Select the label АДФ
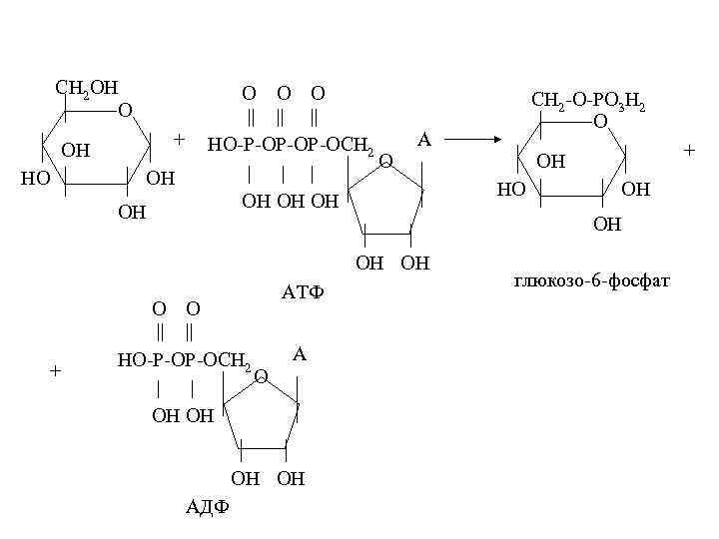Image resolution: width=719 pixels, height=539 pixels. coord(208,505)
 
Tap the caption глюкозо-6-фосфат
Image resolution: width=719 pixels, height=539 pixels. coord(591,283)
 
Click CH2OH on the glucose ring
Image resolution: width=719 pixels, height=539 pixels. coord(87,88)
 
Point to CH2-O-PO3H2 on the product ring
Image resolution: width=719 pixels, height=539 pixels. coord(588,101)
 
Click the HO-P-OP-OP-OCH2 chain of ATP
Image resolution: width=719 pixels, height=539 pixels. coord(290,145)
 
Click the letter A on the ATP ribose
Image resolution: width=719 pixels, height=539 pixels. coord(423,140)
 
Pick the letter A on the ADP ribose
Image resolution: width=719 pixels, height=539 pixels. coord(300,353)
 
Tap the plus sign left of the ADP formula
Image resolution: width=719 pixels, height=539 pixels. coord(56,370)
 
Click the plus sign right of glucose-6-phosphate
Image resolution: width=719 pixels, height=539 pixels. coord(687,150)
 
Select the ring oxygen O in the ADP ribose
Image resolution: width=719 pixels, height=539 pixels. coord(261,375)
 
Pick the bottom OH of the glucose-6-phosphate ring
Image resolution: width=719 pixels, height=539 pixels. coord(606,224)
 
